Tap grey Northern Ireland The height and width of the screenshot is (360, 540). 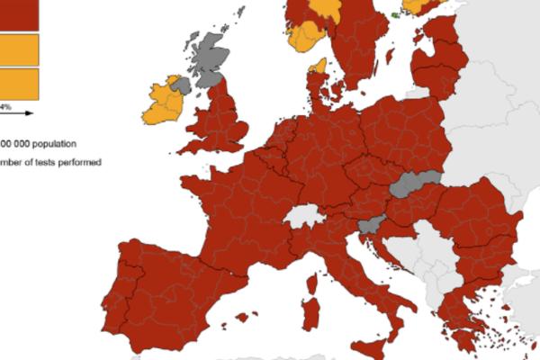183,85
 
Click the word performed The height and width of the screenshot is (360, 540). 78,162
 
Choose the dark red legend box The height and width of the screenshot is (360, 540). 18,13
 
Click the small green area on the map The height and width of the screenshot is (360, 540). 397,15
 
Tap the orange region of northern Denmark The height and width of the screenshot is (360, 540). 318,66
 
